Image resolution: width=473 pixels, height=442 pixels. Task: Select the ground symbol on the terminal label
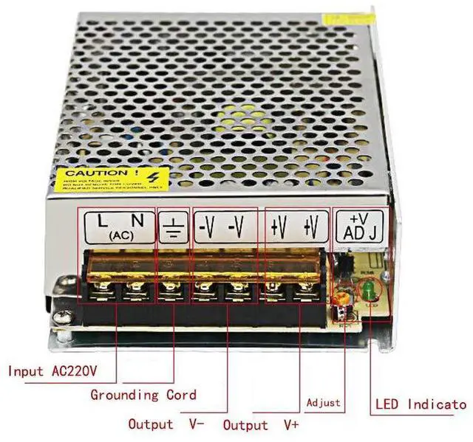tap(172, 229)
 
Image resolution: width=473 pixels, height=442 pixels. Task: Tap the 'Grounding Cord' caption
tap(143, 395)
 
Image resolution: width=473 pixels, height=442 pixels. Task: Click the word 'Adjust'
tap(324, 403)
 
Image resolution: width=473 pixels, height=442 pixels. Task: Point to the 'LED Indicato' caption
tap(421, 404)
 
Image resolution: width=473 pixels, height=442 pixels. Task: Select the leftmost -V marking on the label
tap(207, 227)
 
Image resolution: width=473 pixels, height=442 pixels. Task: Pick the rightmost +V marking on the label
tap(311, 227)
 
